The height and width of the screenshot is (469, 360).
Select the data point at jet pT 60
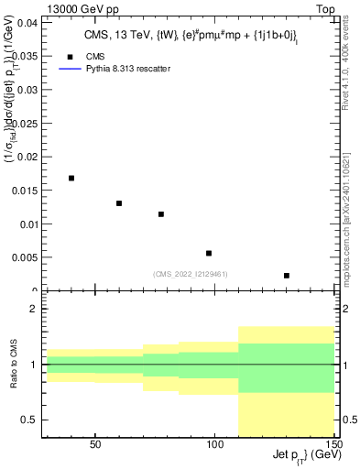[x=119, y=203]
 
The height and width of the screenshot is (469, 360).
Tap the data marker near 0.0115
[x=161, y=214]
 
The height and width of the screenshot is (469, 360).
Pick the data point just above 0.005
[x=209, y=253]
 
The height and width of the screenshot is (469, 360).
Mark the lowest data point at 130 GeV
[x=287, y=275]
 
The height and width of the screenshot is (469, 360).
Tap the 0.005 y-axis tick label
[x=27, y=257]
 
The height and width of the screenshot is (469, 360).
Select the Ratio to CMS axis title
[x=13, y=365]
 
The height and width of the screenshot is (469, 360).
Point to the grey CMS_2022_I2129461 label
[x=190, y=272]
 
